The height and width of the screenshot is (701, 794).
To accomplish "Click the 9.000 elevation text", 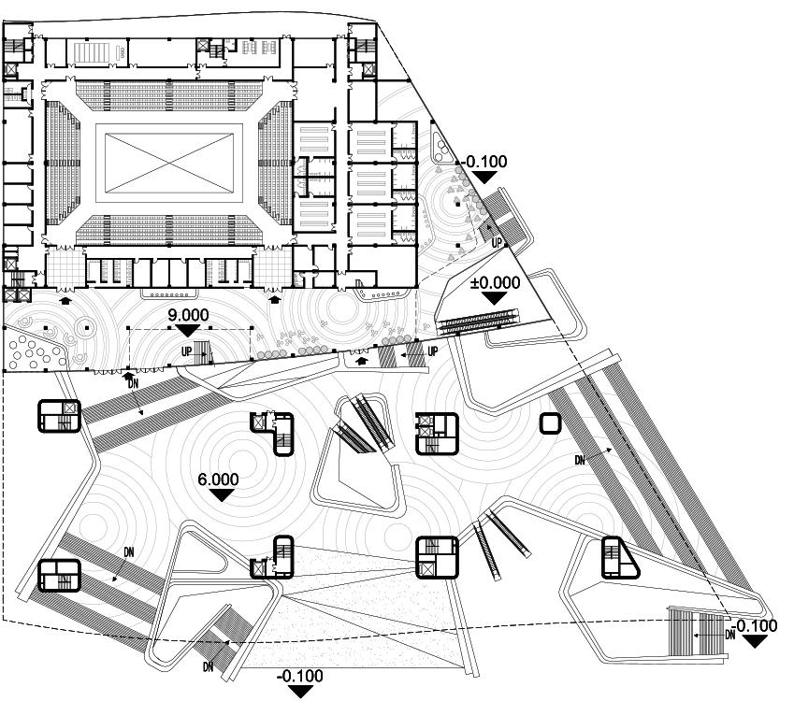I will tap(189, 316).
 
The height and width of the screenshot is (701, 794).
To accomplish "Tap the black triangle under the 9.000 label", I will tap(189, 330).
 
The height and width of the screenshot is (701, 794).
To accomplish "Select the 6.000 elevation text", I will tap(218, 479).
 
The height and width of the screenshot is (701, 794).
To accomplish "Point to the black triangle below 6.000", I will tap(221, 494).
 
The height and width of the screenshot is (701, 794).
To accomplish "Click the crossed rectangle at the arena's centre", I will tap(169, 160).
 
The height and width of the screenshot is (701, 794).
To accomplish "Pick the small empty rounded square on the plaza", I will tap(550, 423).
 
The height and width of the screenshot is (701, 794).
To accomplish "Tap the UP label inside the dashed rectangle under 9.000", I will tap(188, 350).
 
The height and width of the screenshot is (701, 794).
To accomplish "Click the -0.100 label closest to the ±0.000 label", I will tap(484, 162).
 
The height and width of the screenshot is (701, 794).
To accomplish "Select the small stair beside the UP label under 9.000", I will tap(205, 352).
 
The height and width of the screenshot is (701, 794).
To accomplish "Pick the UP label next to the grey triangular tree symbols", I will tap(498, 241).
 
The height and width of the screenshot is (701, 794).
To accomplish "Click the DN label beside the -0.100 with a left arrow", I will tap(730, 635).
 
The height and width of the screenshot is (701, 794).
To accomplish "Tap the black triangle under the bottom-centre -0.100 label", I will tap(300, 692).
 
